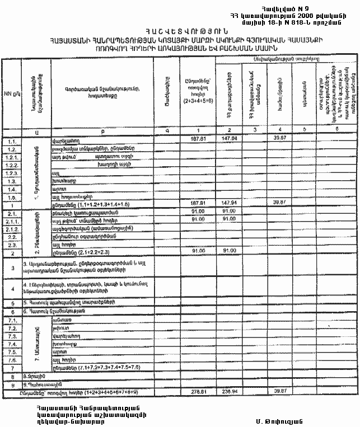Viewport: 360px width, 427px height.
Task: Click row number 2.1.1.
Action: pos(12,220)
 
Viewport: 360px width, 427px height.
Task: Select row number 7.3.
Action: pos(12,336)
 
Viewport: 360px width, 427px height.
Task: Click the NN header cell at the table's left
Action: pos(10,92)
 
